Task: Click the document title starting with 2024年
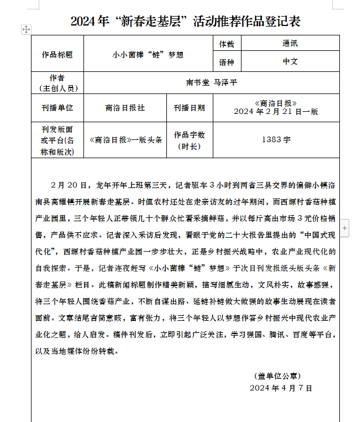click(185, 22)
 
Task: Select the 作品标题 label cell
click(57, 55)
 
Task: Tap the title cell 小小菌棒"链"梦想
click(148, 55)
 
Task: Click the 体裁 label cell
click(227, 44)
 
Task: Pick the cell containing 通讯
click(290, 44)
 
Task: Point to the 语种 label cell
click(227, 62)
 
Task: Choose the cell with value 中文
click(290, 62)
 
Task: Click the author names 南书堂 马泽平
click(212, 82)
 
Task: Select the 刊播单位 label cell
click(57, 108)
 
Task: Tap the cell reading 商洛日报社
click(125, 108)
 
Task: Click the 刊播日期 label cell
click(189, 108)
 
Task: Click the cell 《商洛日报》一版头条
click(125, 140)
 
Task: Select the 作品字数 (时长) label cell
click(189, 140)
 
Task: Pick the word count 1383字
click(276, 140)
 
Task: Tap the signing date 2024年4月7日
click(281, 388)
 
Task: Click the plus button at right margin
click(345, 227)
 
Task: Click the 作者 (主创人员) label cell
click(57, 82)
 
